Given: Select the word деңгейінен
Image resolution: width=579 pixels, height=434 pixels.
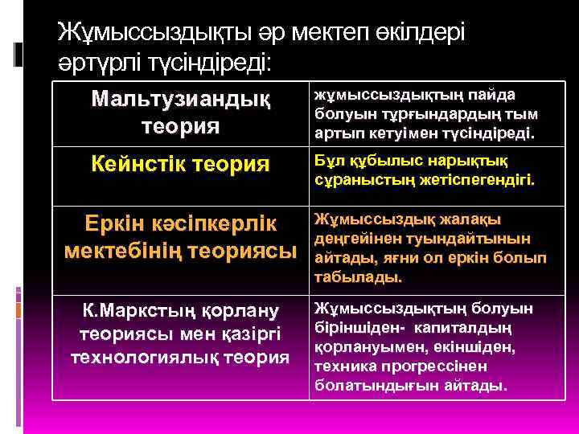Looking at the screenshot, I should [355, 238].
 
